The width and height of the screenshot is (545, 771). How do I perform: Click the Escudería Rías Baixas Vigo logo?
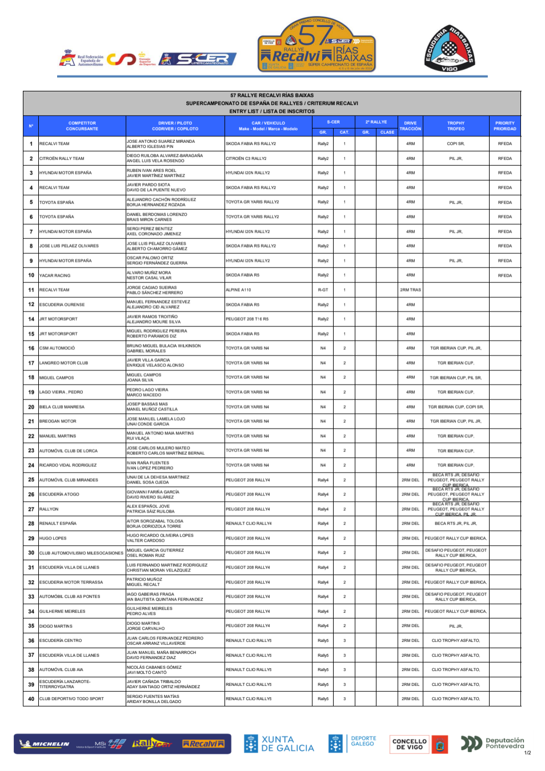[450, 49]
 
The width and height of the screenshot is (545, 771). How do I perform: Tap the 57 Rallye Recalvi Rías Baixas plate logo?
[317, 44]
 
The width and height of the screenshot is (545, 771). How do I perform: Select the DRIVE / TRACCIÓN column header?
[410, 126]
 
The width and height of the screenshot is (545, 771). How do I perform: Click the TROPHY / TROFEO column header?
[456, 126]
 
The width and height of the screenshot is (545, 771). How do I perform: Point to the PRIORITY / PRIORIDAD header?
[504, 126]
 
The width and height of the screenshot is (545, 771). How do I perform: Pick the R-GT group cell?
[323, 290]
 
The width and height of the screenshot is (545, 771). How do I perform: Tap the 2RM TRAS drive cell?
[410, 290]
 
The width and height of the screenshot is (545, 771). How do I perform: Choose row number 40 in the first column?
[31, 698]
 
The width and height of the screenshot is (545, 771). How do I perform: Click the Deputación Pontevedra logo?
[492, 743]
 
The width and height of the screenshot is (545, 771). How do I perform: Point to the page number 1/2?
[527, 753]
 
